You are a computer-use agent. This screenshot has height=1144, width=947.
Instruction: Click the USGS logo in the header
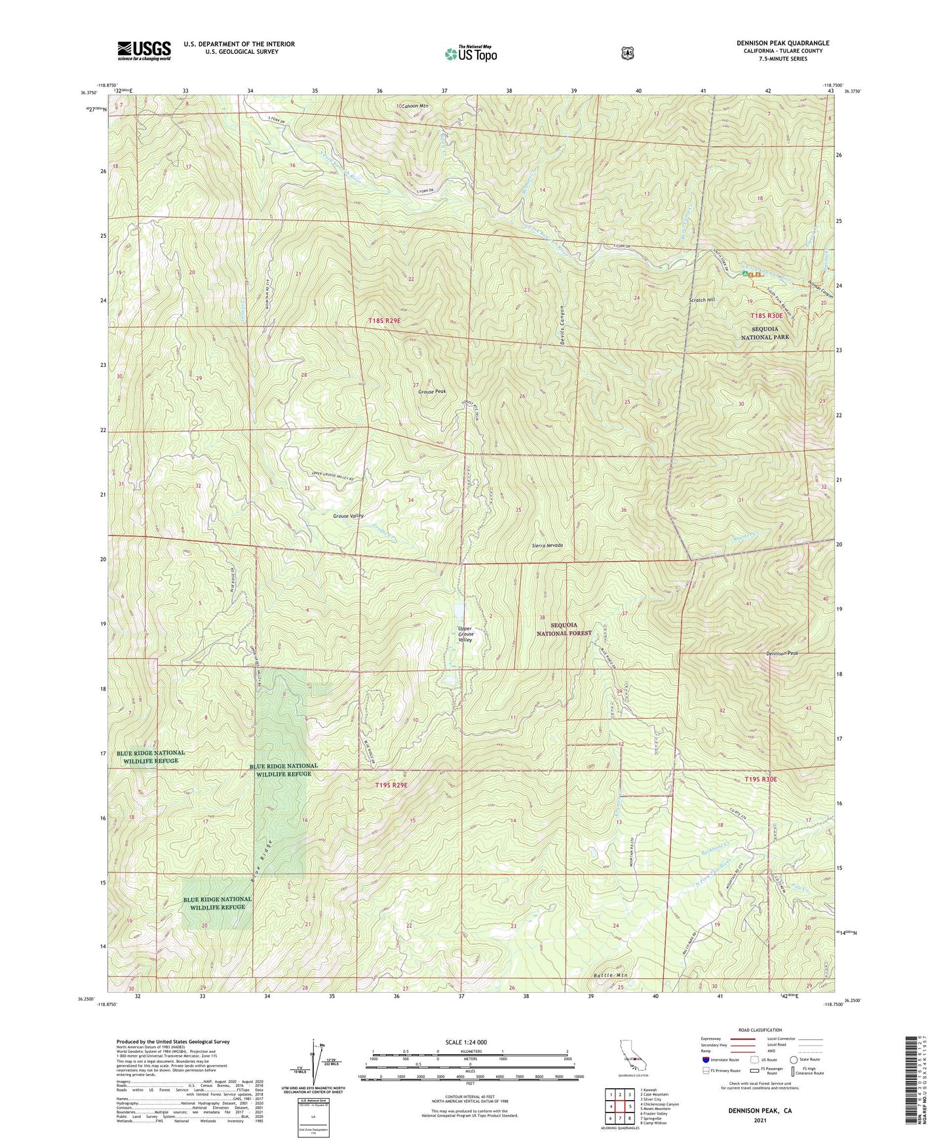pos(144,50)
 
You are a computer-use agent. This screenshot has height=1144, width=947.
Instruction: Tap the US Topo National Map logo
pos(470,54)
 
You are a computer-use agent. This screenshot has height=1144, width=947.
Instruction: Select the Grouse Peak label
pos(432,391)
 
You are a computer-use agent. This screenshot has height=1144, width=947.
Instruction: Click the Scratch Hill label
pos(701,300)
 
